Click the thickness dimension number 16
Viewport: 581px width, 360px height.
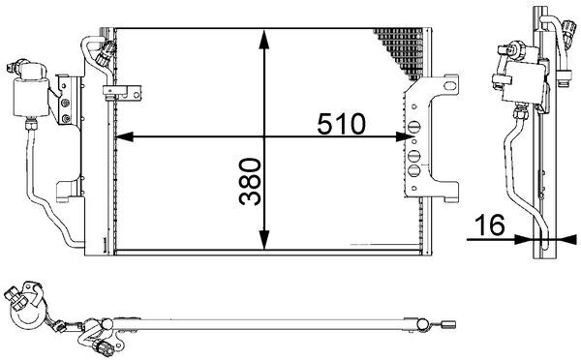pos(490,226)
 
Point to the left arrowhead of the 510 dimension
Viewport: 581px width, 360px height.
pos(120,138)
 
